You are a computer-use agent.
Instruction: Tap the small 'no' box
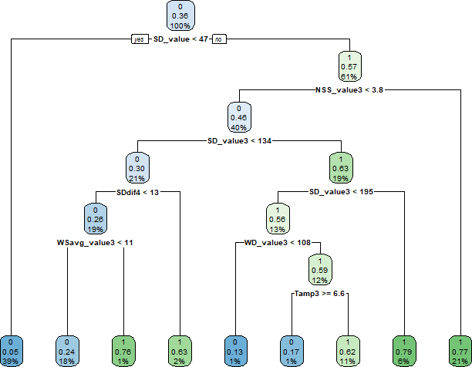[219, 38]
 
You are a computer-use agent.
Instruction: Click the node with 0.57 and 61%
[349, 66]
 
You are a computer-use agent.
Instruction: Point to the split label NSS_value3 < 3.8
[349, 90]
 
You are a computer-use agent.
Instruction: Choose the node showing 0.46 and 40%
[239, 116]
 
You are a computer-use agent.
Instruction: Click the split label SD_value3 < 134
[239, 141]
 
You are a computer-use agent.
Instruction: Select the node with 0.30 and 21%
[137, 167]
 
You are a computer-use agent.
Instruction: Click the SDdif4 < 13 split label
[137, 191]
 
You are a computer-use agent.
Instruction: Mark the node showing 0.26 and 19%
[96, 217]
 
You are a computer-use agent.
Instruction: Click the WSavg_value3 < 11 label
[96, 242]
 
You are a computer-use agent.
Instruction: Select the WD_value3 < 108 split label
[278, 242]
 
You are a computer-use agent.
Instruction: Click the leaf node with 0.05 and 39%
[12, 351]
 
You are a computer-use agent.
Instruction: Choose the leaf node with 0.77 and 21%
[457, 351]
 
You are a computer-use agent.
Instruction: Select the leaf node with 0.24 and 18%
[68, 351]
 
